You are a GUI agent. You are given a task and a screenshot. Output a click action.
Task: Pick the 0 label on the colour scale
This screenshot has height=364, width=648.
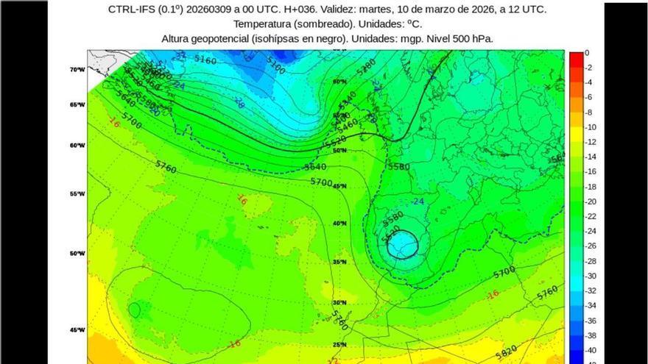click(x=587, y=53)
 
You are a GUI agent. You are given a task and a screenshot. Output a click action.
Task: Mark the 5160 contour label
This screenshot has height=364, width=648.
click(x=205, y=60)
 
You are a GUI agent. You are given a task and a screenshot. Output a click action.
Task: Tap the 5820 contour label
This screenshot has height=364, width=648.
click(x=507, y=354)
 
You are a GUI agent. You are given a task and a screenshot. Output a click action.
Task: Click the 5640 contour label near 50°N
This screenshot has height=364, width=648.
click(x=315, y=167)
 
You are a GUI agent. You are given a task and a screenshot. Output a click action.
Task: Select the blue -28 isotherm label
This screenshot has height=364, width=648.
click(x=239, y=103)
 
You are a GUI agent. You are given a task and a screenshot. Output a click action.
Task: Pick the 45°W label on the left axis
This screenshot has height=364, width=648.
click(x=77, y=329)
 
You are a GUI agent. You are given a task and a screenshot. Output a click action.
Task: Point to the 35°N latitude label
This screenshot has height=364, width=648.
click(x=339, y=262)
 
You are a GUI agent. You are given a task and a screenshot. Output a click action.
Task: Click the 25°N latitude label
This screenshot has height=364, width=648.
click(x=339, y=344)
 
